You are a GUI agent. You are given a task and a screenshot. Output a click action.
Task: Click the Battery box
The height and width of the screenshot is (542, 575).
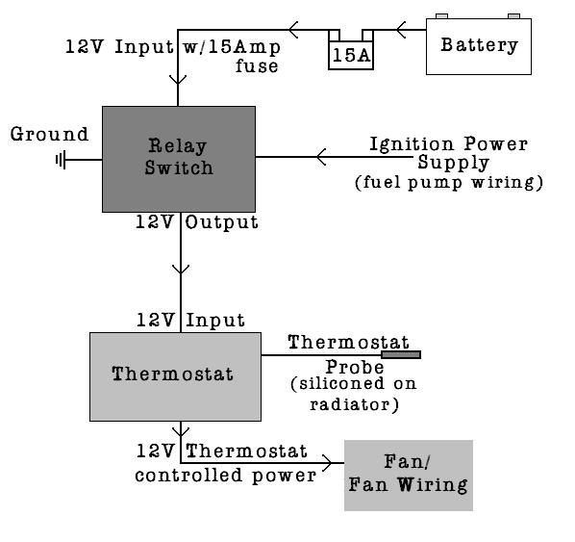point(479,46)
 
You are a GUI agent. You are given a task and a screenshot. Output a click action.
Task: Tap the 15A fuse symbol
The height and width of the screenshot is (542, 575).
point(351,49)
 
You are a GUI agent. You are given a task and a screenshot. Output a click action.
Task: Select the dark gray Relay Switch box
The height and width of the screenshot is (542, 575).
point(179,159)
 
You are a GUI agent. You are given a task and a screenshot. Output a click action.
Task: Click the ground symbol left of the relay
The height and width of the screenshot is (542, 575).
point(61,160)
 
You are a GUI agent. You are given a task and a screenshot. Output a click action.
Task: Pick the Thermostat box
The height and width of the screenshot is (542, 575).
point(175,376)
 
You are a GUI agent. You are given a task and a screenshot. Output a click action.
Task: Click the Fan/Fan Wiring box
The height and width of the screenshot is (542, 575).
point(409,476)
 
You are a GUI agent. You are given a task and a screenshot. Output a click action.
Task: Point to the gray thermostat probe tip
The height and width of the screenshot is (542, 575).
point(401,354)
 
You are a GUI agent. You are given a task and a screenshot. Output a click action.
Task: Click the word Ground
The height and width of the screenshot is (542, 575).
point(49,134)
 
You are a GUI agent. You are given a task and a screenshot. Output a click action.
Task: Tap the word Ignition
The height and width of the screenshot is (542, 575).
point(412,145)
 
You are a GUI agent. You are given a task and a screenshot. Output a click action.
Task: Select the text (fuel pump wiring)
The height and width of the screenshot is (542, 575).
point(449,183)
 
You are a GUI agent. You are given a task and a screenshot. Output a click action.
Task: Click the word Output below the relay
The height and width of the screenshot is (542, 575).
point(221,222)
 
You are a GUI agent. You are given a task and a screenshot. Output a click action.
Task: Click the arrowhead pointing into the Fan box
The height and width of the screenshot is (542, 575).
point(327,463)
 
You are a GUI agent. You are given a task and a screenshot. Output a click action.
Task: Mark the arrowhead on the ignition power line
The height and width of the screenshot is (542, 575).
point(321,157)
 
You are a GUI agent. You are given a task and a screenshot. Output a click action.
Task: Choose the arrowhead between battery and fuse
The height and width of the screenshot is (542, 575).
point(401,30)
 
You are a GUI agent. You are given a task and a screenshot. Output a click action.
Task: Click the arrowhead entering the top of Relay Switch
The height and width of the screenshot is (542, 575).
point(178,80)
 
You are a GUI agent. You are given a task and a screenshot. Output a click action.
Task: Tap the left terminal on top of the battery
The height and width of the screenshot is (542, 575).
point(441,15)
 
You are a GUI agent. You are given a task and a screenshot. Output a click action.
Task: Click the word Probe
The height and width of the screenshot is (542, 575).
point(355,367)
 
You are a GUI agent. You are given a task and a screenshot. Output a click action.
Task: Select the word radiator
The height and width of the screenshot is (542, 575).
point(350,404)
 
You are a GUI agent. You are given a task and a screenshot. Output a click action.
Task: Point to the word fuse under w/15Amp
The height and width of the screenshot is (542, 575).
point(257,66)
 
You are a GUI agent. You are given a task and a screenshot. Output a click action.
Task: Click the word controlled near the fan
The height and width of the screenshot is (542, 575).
point(188,475)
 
